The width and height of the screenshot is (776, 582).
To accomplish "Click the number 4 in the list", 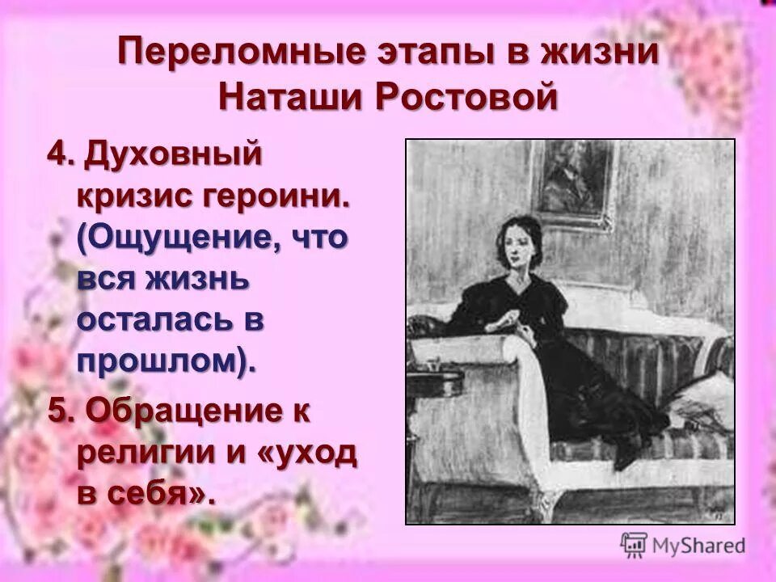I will [x=56, y=152].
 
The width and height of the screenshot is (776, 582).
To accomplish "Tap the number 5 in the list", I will [x=56, y=411].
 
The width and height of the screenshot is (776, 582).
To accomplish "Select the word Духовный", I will [x=175, y=154].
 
